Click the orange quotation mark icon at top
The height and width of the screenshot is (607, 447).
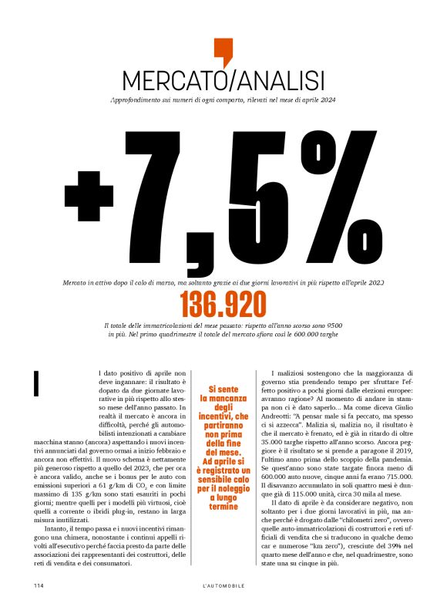(223, 52)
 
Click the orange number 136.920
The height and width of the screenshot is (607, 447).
(223, 306)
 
